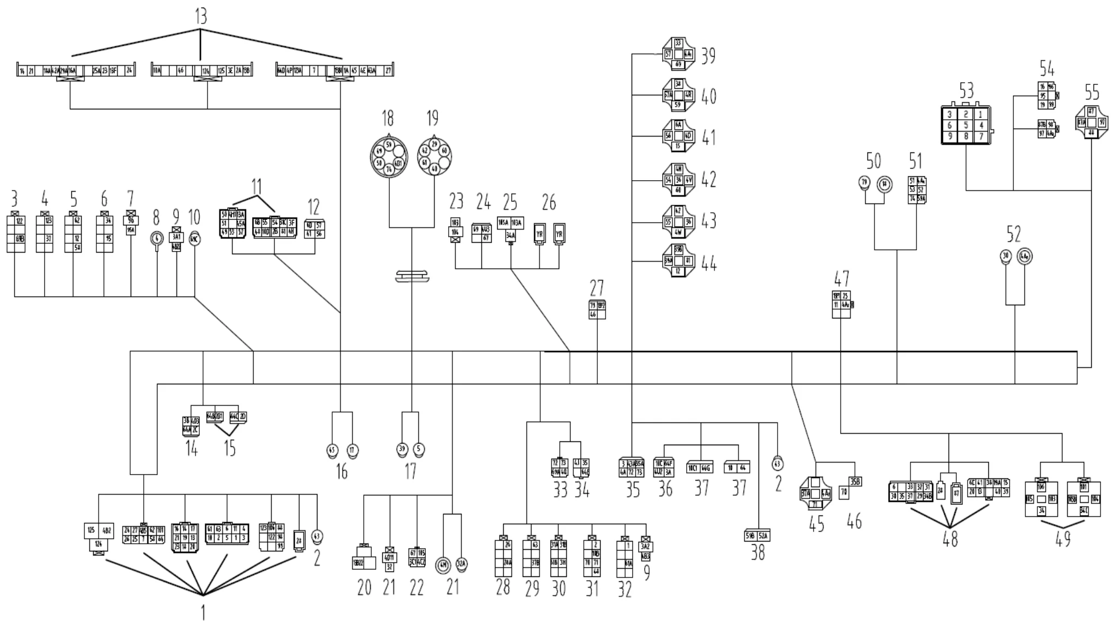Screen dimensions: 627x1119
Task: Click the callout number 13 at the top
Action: click(201, 17)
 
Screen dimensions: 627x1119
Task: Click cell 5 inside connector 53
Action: click(965, 125)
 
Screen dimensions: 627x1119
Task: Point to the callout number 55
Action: click(1092, 93)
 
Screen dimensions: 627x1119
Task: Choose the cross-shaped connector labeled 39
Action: click(678, 54)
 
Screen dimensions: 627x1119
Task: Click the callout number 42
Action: click(708, 180)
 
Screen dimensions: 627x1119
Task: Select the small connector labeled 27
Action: click(597, 309)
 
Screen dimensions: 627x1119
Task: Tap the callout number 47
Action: click(841, 279)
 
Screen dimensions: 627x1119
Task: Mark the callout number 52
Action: click(1013, 235)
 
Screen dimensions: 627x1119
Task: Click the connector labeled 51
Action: click(917, 189)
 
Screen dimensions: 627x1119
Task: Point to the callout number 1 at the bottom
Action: click(203, 613)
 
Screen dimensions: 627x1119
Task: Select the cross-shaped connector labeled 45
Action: click(816, 494)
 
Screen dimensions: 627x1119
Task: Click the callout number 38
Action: click(757, 553)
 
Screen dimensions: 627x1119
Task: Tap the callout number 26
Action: click(549, 202)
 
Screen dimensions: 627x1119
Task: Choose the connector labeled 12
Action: click(314, 229)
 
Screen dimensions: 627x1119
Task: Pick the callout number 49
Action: click(1062, 539)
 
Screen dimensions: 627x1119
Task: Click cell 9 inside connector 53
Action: click(950, 137)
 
